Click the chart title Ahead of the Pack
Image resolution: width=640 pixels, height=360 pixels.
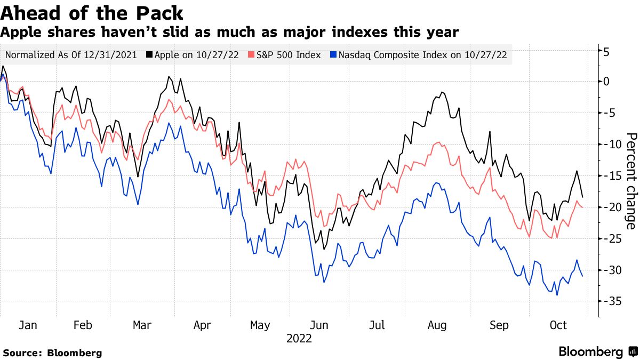(92, 13)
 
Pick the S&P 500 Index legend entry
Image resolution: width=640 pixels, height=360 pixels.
(285, 54)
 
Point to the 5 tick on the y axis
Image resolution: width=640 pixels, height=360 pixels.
(606, 52)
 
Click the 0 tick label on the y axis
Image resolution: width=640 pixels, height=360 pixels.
(606, 82)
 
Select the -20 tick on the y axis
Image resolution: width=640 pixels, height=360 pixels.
(610, 207)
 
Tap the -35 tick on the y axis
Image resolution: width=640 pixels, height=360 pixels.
(610, 301)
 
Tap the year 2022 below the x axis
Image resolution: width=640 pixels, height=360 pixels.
(299, 338)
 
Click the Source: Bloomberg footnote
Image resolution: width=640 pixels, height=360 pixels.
(52, 353)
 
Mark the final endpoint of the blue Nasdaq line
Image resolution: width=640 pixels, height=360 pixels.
(582, 276)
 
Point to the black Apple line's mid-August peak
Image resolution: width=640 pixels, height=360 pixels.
(442, 92)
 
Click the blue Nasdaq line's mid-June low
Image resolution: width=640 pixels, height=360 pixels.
(324, 282)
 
